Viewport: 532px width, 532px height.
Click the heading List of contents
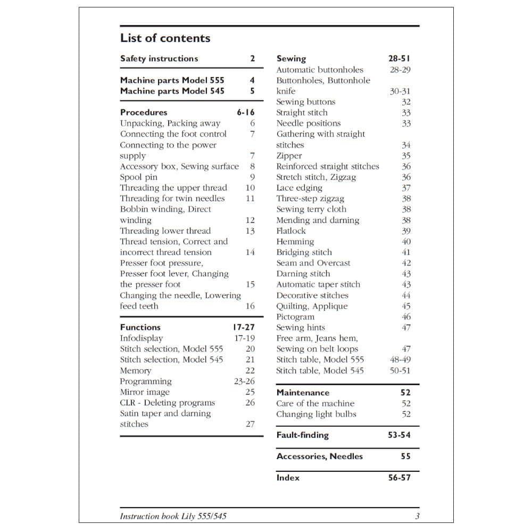tap(165, 38)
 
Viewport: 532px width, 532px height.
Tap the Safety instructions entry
tap(159, 59)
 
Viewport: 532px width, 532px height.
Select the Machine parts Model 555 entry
tap(172, 80)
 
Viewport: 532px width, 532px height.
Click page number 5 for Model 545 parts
tap(252, 91)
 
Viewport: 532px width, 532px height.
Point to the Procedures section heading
tap(144, 112)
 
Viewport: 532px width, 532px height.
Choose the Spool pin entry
tap(138, 177)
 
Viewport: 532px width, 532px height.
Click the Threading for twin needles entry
tap(172, 198)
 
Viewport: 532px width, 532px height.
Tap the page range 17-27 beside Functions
tap(244, 327)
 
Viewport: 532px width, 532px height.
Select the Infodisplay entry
tap(142, 338)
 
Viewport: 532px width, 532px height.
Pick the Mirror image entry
tap(145, 392)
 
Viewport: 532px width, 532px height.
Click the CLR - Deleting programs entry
tap(168, 403)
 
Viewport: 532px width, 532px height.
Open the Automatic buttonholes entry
tap(320, 70)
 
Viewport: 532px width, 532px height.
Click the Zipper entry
tap(289, 156)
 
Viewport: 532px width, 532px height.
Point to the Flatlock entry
tap(291, 231)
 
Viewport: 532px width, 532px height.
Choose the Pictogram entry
tap(295, 317)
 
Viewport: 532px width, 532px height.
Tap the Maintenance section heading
tap(303, 393)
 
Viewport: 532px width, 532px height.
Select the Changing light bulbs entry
tap(316, 414)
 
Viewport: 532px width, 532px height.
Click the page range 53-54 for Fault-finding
tap(399, 435)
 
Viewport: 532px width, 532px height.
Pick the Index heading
tap(288, 478)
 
